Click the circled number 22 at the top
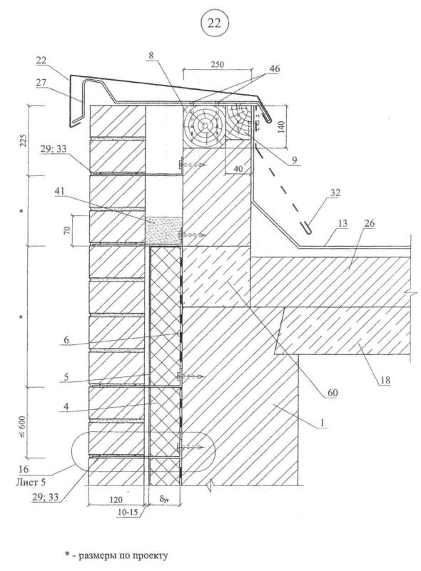[x=214, y=23]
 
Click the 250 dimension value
[x=217, y=64]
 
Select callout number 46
[x=274, y=69]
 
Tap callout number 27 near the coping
[x=41, y=83]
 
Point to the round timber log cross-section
[x=205, y=125]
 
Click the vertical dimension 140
[x=282, y=128]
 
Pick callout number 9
[x=294, y=160]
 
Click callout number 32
[x=335, y=192]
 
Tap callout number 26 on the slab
[x=369, y=224]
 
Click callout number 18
[x=385, y=381]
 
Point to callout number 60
[x=333, y=393]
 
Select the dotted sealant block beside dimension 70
[x=163, y=230]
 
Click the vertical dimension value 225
[x=21, y=140]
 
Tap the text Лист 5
[x=31, y=483]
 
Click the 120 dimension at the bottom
[x=116, y=500]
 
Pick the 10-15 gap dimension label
[x=127, y=512]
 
